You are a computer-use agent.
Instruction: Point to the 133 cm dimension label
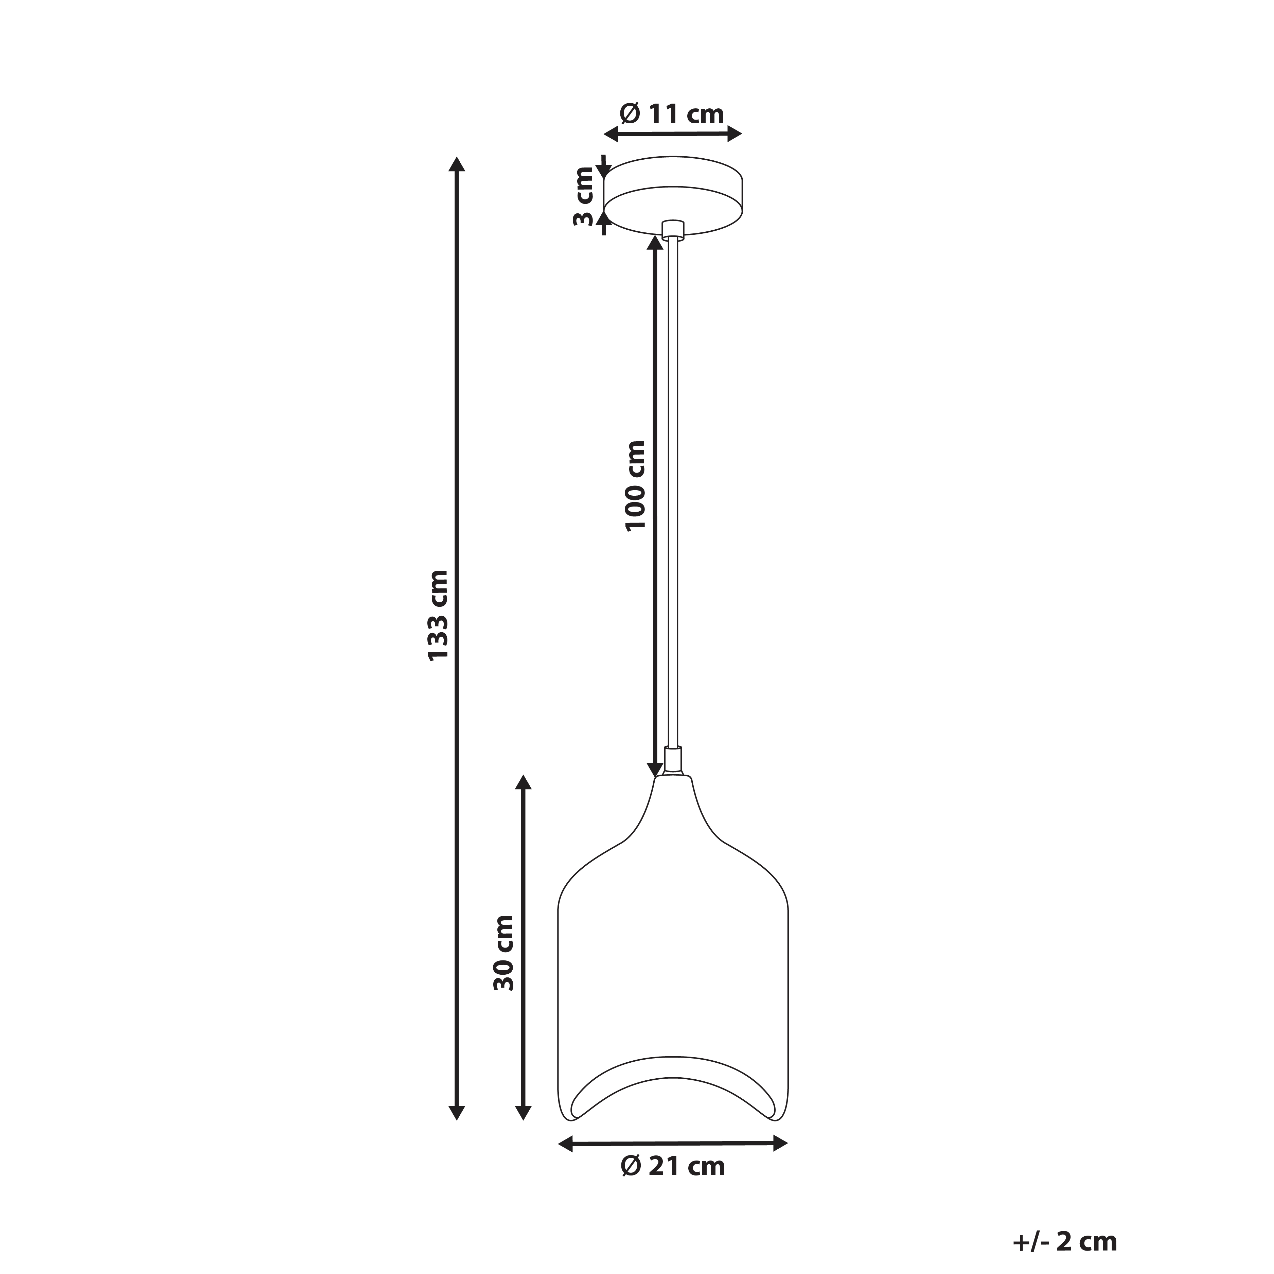pyautogui.click(x=438, y=615)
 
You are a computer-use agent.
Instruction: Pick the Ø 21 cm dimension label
pyautogui.click(x=673, y=1167)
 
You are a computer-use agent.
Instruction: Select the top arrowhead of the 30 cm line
pyautogui.click(x=523, y=783)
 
